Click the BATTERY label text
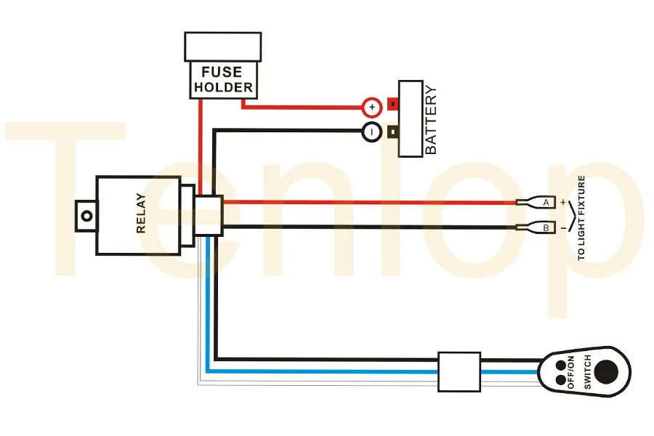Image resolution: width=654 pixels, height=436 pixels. [431, 120]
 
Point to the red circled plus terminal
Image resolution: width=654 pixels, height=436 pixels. [371, 108]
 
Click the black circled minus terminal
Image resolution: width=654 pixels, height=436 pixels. [371, 133]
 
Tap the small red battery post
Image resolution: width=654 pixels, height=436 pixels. [393, 105]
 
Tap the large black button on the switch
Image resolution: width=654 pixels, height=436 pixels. [607, 372]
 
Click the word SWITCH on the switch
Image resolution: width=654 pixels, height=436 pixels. [585, 374]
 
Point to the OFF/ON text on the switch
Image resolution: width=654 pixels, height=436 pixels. [571, 372]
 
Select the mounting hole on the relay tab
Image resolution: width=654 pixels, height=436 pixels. [86, 216]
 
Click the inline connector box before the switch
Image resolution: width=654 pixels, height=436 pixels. [459, 372]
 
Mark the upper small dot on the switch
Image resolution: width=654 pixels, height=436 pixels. [560, 365]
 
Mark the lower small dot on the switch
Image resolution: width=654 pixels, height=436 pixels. [560, 380]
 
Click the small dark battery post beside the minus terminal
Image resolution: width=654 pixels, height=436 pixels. [393, 132]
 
